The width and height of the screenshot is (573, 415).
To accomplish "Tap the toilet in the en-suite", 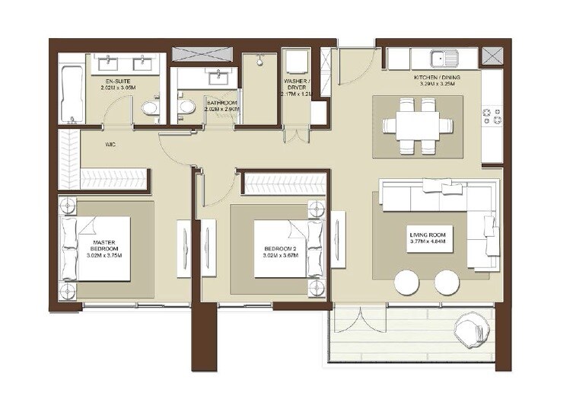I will [151, 110].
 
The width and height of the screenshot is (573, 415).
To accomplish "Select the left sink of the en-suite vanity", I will [110, 61].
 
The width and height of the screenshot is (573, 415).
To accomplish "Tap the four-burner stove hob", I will [491, 117].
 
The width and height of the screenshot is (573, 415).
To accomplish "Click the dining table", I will [415, 123].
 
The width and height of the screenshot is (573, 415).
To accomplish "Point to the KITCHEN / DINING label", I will [437, 78].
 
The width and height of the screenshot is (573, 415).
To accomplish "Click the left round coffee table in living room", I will [407, 285].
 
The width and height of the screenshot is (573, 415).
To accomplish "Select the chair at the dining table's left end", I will [386, 123].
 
